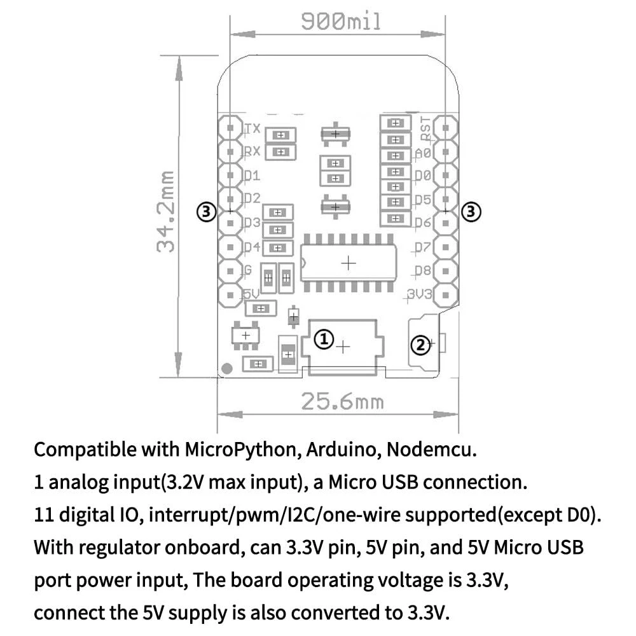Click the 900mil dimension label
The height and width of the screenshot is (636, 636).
[341, 23]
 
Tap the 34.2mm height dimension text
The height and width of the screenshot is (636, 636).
[167, 211]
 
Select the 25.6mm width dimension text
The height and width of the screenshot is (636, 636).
[342, 402]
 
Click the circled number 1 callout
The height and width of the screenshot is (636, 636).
[324, 340]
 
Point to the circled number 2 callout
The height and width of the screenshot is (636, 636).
[420, 345]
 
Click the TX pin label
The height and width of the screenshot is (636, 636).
[252, 128]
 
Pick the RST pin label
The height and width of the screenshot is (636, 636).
[425, 128]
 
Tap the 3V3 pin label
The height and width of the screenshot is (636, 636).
[420, 294]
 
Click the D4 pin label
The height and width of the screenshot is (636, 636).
[252, 247]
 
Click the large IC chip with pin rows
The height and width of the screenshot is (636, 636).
[348, 263]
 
